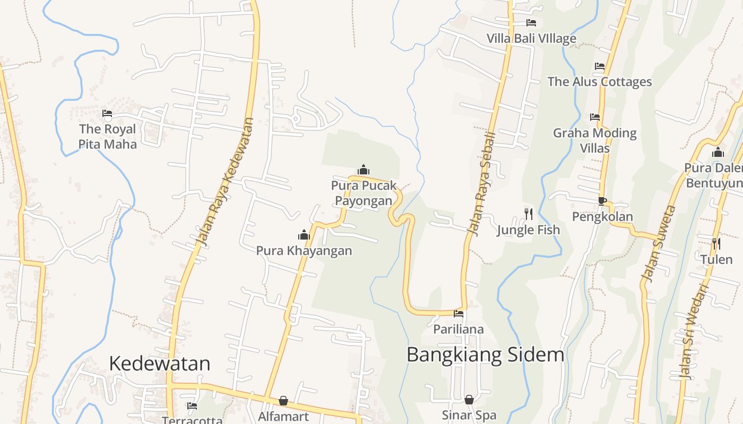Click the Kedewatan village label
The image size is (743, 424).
click(x=159, y=364)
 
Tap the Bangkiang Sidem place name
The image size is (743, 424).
click(x=485, y=355)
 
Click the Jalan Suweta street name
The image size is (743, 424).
click(x=658, y=243)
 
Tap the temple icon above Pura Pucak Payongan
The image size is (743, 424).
click(x=364, y=170)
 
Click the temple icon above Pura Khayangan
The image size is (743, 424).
click(x=304, y=235)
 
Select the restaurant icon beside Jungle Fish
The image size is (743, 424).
click(x=528, y=214)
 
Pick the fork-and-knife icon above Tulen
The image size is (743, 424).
click(x=716, y=244)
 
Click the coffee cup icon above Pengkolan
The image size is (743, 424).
click(x=602, y=201)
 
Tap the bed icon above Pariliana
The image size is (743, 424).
click(x=459, y=314)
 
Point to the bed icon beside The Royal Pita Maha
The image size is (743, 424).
click(x=107, y=113)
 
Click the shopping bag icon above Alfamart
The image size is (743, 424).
click(x=283, y=401)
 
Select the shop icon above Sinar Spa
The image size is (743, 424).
click(x=469, y=399)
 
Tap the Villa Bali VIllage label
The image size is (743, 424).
click(x=531, y=39)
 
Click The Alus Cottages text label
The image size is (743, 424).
click(x=600, y=82)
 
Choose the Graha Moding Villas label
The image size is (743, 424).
click(x=595, y=140)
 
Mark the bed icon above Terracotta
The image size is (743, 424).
click(x=192, y=406)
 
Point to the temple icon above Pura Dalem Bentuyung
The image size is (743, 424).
click(x=718, y=153)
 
